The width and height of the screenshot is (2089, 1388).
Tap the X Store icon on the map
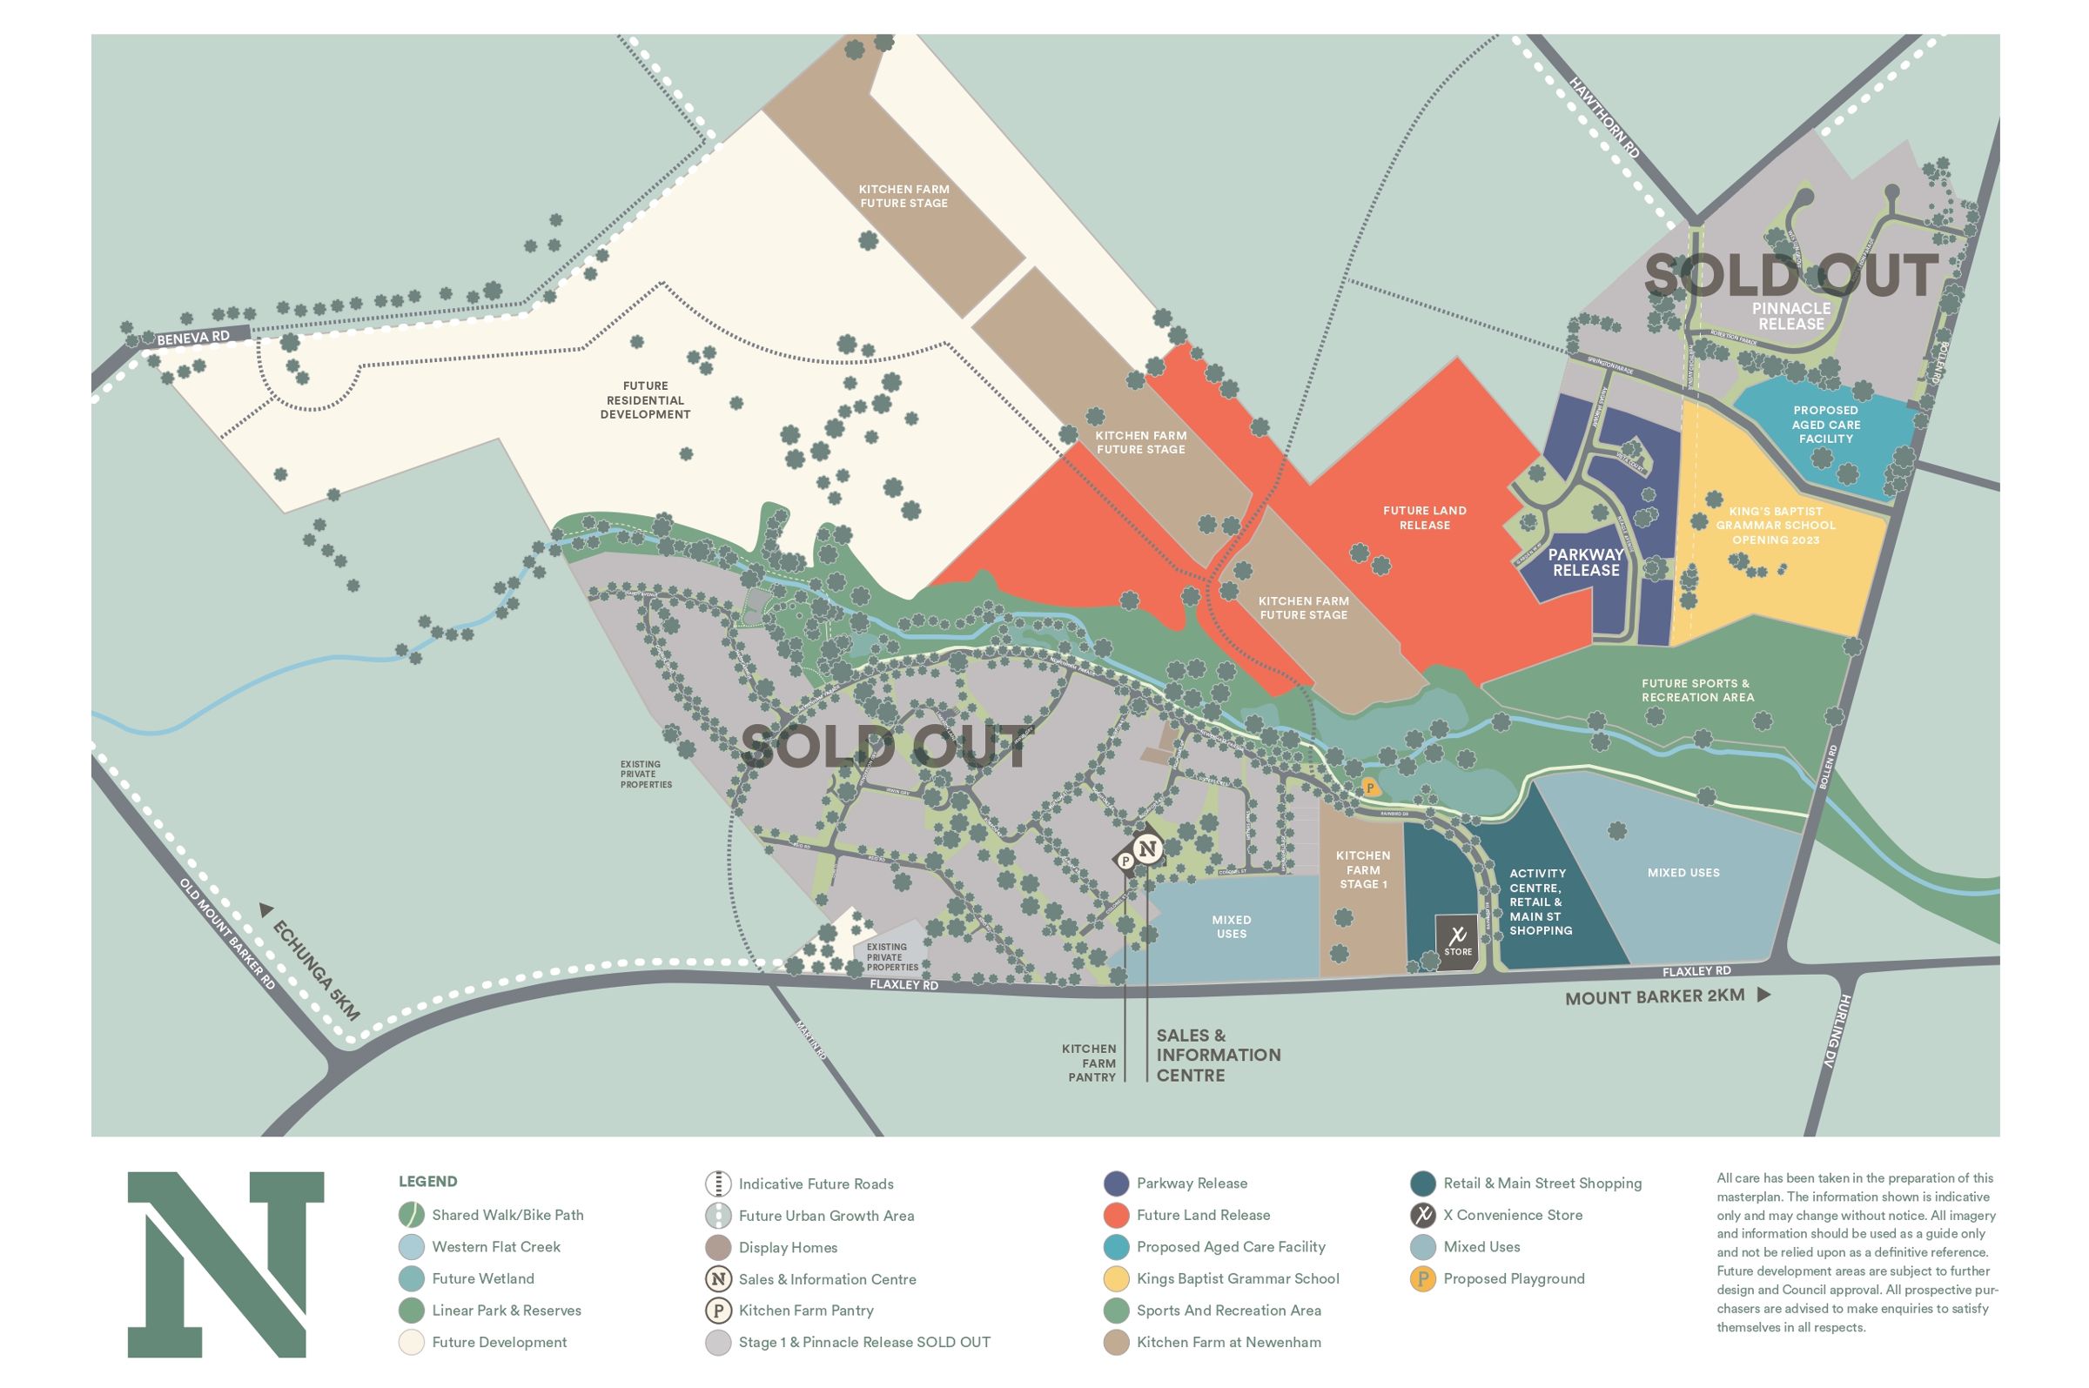[1457, 942]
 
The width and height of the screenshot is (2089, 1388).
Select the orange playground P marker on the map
[1369, 786]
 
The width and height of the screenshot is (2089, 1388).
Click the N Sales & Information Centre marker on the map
[1147, 849]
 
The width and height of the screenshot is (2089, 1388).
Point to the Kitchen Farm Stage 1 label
[1362, 869]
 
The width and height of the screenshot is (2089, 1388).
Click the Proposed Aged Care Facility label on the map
[1825, 424]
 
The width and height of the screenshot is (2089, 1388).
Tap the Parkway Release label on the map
[1585, 562]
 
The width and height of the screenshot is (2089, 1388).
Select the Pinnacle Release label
[1790, 316]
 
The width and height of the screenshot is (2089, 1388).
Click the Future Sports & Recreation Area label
[1696, 689]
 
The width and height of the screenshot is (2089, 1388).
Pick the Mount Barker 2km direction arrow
[1763, 994]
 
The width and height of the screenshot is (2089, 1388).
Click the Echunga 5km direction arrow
[265, 909]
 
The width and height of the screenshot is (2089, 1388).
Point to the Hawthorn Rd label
[1604, 117]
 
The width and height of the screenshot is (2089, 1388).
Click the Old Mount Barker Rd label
[227, 934]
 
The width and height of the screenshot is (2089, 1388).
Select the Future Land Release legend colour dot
[1116, 1215]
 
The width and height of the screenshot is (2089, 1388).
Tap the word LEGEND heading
[427, 1181]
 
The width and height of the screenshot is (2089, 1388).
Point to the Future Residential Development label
[644, 400]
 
